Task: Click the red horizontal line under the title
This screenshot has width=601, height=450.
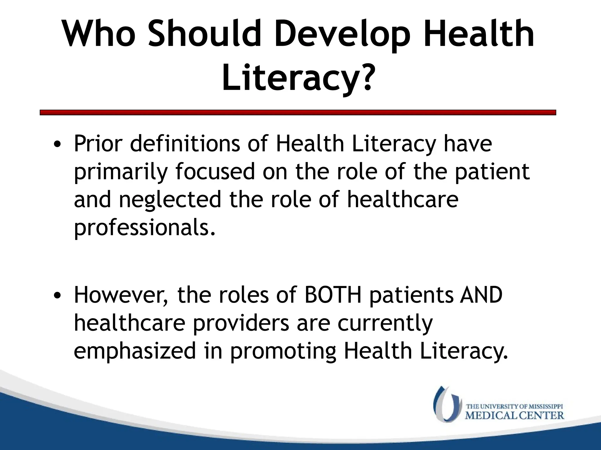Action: click(298, 112)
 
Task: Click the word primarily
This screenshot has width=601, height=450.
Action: click(121, 172)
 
